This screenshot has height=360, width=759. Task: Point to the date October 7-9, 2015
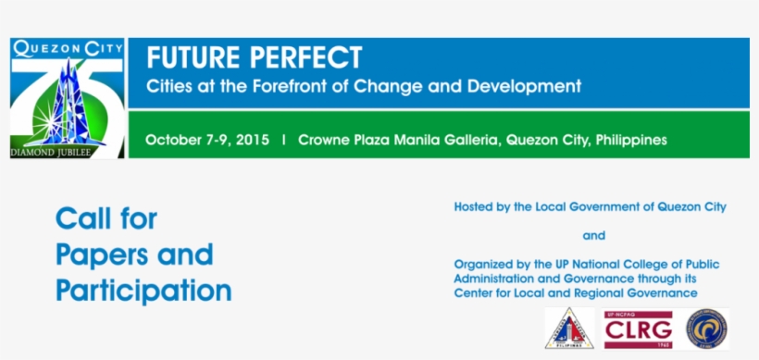pos(207,141)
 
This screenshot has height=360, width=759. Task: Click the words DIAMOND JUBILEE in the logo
pos(51,151)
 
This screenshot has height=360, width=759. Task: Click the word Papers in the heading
pos(95,254)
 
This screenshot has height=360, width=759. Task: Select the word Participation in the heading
pos(143,290)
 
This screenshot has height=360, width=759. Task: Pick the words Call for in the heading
pos(106,219)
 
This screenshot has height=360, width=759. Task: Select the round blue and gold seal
pos(707,329)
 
